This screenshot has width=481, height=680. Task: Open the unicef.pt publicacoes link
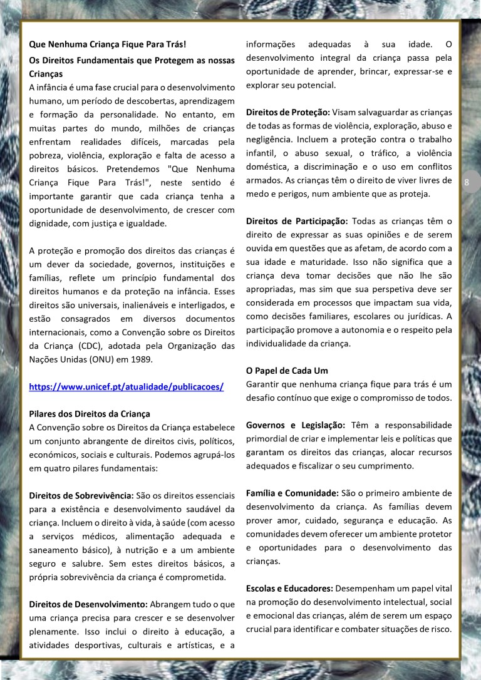pyautogui.click(x=126, y=386)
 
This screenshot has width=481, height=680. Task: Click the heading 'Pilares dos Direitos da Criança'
pyautogui.click(x=90, y=414)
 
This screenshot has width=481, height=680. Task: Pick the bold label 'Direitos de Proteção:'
pyautogui.click(x=287, y=112)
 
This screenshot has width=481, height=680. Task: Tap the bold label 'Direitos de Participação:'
pyautogui.click(x=296, y=221)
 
